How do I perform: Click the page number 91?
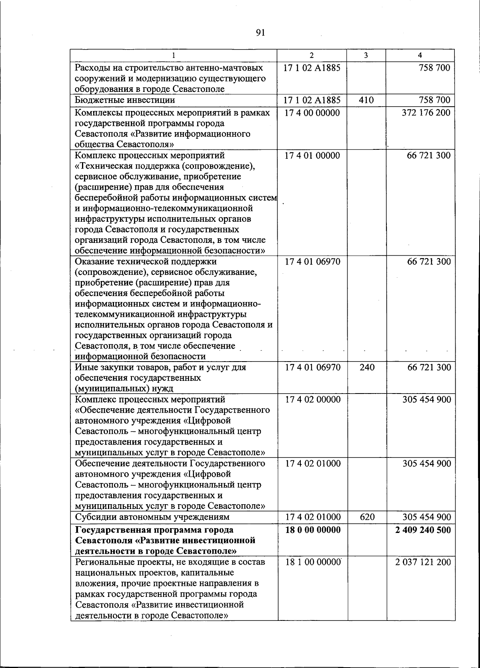(x=260, y=32)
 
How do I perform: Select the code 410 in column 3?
(x=366, y=100)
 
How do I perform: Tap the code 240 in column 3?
(x=366, y=367)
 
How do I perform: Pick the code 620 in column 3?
(x=366, y=517)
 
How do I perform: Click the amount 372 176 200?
(x=426, y=113)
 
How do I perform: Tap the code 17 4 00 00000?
(x=312, y=113)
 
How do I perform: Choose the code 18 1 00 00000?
(x=312, y=562)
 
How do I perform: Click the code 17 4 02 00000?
(x=312, y=400)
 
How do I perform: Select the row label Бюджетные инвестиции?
(x=125, y=100)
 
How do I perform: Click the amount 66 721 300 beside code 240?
(x=429, y=367)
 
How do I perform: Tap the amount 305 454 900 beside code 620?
(x=426, y=517)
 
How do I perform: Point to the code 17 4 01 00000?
(x=312, y=155)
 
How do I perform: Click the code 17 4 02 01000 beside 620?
(x=312, y=517)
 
